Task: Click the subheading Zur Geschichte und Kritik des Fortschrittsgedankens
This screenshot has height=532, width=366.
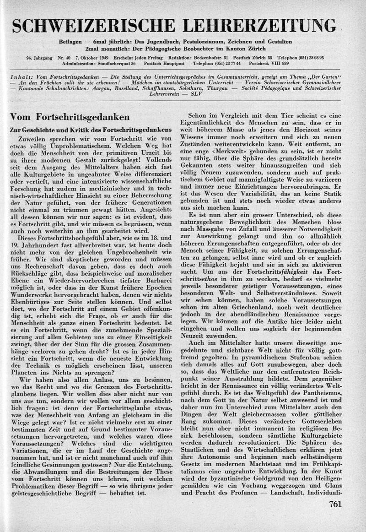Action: point(91,130)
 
